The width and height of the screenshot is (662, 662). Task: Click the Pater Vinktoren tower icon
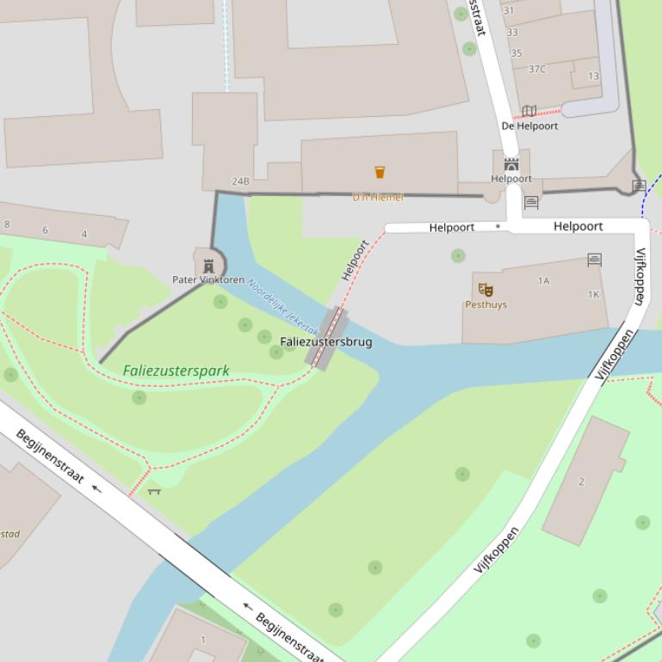coord(208,266)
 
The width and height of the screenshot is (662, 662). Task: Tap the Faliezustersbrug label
coord(326,341)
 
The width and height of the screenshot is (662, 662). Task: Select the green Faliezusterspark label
coord(176,371)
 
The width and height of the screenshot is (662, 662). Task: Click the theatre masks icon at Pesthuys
coord(485,290)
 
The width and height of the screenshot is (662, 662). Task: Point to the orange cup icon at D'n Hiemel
coord(380,172)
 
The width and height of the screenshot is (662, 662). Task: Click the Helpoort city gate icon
coord(511,164)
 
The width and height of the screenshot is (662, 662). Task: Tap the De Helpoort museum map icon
coord(529,111)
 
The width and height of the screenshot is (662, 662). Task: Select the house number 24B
coord(241,181)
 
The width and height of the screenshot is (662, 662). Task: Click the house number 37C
coord(536,69)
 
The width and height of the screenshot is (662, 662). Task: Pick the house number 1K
coord(594,294)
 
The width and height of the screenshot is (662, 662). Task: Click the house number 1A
coord(543,280)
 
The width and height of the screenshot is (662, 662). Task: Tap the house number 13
coord(593,76)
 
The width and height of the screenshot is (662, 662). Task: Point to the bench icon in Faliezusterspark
coord(154,491)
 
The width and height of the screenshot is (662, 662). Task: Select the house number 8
coord(8,224)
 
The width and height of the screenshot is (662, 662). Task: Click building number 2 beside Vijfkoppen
coord(581,481)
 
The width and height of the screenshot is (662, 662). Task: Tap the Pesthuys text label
coord(486,304)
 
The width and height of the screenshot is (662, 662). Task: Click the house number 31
coord(509,10)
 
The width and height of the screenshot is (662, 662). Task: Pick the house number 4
coord(84,234)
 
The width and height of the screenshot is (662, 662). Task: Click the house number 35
coord(517,53)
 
